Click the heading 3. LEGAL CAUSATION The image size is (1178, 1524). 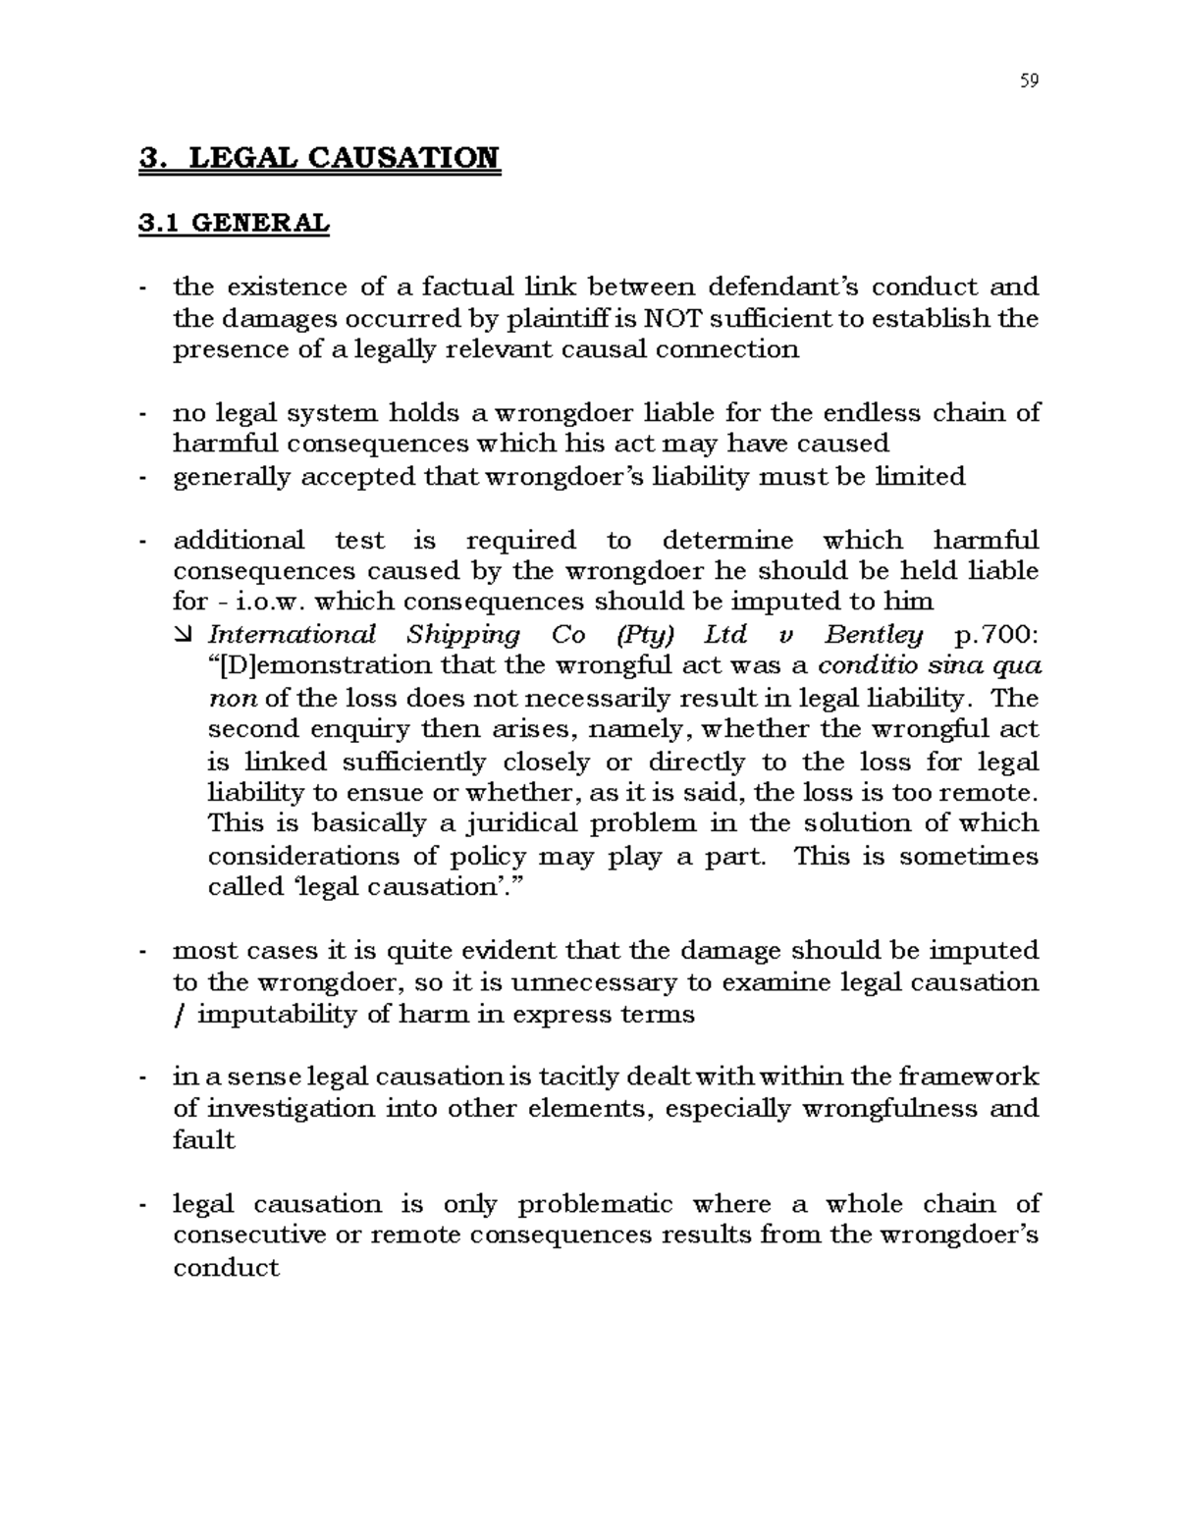click(320, 158)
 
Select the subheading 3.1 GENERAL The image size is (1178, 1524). click(234, 224)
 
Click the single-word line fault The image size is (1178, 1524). click(203, 1140)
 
